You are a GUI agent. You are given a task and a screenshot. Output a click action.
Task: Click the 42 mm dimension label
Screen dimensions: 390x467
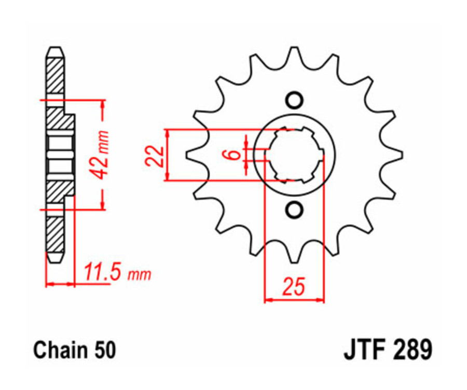[102, 155]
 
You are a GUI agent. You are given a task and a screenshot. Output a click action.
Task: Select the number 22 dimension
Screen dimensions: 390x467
[155, 155]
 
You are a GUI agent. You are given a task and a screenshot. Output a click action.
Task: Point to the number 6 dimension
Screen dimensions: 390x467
[234, 154]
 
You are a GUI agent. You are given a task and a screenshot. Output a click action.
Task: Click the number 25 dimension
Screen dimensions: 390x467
[293, 287]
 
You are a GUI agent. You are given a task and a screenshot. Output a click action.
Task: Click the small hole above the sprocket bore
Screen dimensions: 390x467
[294, 99]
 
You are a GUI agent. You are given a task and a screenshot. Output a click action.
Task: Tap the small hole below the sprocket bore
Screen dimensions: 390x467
[294, 210]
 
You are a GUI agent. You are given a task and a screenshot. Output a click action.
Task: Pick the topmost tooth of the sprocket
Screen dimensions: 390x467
[294, 54]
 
